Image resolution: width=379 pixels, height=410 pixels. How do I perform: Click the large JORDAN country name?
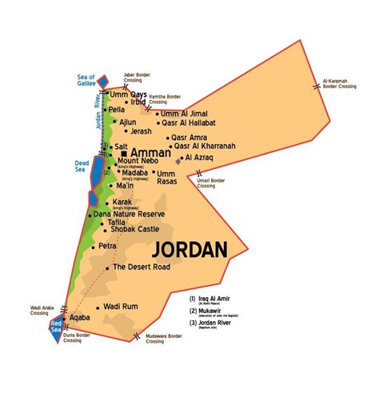192,250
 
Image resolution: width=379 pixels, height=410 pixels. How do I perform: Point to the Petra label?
110,247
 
